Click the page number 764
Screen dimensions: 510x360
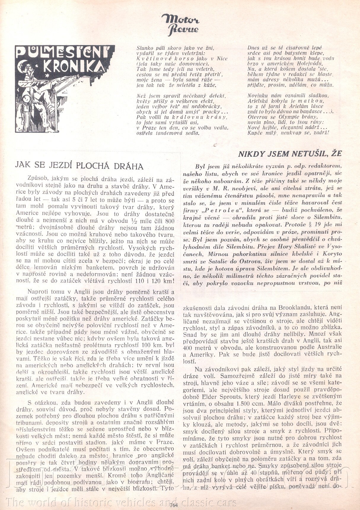173,505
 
